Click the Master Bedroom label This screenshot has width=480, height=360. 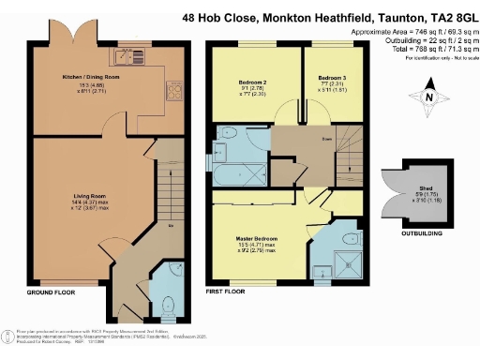[x=260, y=238]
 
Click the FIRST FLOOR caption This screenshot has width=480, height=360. [x=225, y=293]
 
